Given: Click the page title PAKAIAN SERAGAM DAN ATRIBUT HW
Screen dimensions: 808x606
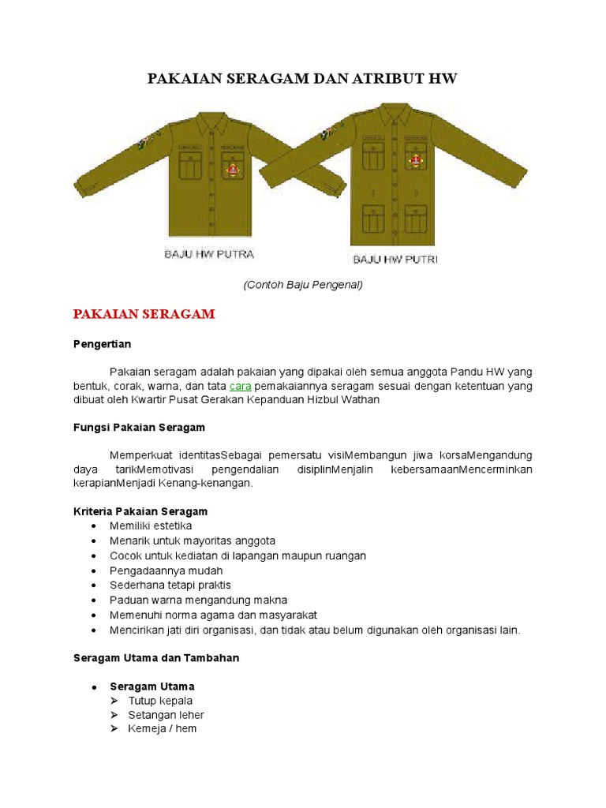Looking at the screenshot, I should (x=303, y=79).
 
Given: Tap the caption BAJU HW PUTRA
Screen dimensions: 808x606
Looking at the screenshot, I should (x=208, y=254).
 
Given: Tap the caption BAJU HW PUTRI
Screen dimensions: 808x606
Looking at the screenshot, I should (x=395, y=259).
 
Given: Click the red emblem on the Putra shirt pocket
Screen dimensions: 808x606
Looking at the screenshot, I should (x=233, y=169).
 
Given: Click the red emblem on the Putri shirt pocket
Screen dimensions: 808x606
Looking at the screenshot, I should (x=415, y=159).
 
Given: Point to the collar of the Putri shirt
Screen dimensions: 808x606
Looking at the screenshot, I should (x=395, y=115).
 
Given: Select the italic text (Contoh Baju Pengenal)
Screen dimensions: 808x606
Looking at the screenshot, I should (x=303, y=285).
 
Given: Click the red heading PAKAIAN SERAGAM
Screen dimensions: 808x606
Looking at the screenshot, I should (x=144, y=314).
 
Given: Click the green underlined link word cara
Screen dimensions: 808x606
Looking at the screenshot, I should (x=240, y=386).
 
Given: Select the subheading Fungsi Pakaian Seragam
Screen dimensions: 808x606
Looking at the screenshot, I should (x=139, y=427).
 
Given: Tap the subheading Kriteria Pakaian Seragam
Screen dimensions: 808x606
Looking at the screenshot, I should (x=140, y=511).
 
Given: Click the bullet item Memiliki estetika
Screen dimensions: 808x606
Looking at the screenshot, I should (x=151, y=526).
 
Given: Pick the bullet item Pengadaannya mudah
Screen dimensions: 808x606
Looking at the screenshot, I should (x=166, y=570).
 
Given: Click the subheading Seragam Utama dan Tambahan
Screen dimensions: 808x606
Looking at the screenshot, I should (x=155, y=657).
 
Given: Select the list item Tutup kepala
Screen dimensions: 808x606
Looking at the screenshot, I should (x=160, y=701).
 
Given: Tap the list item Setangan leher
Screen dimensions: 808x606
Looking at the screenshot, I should (x=166, y=715).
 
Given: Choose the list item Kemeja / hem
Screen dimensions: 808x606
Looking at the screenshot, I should (x=162, y=728).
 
